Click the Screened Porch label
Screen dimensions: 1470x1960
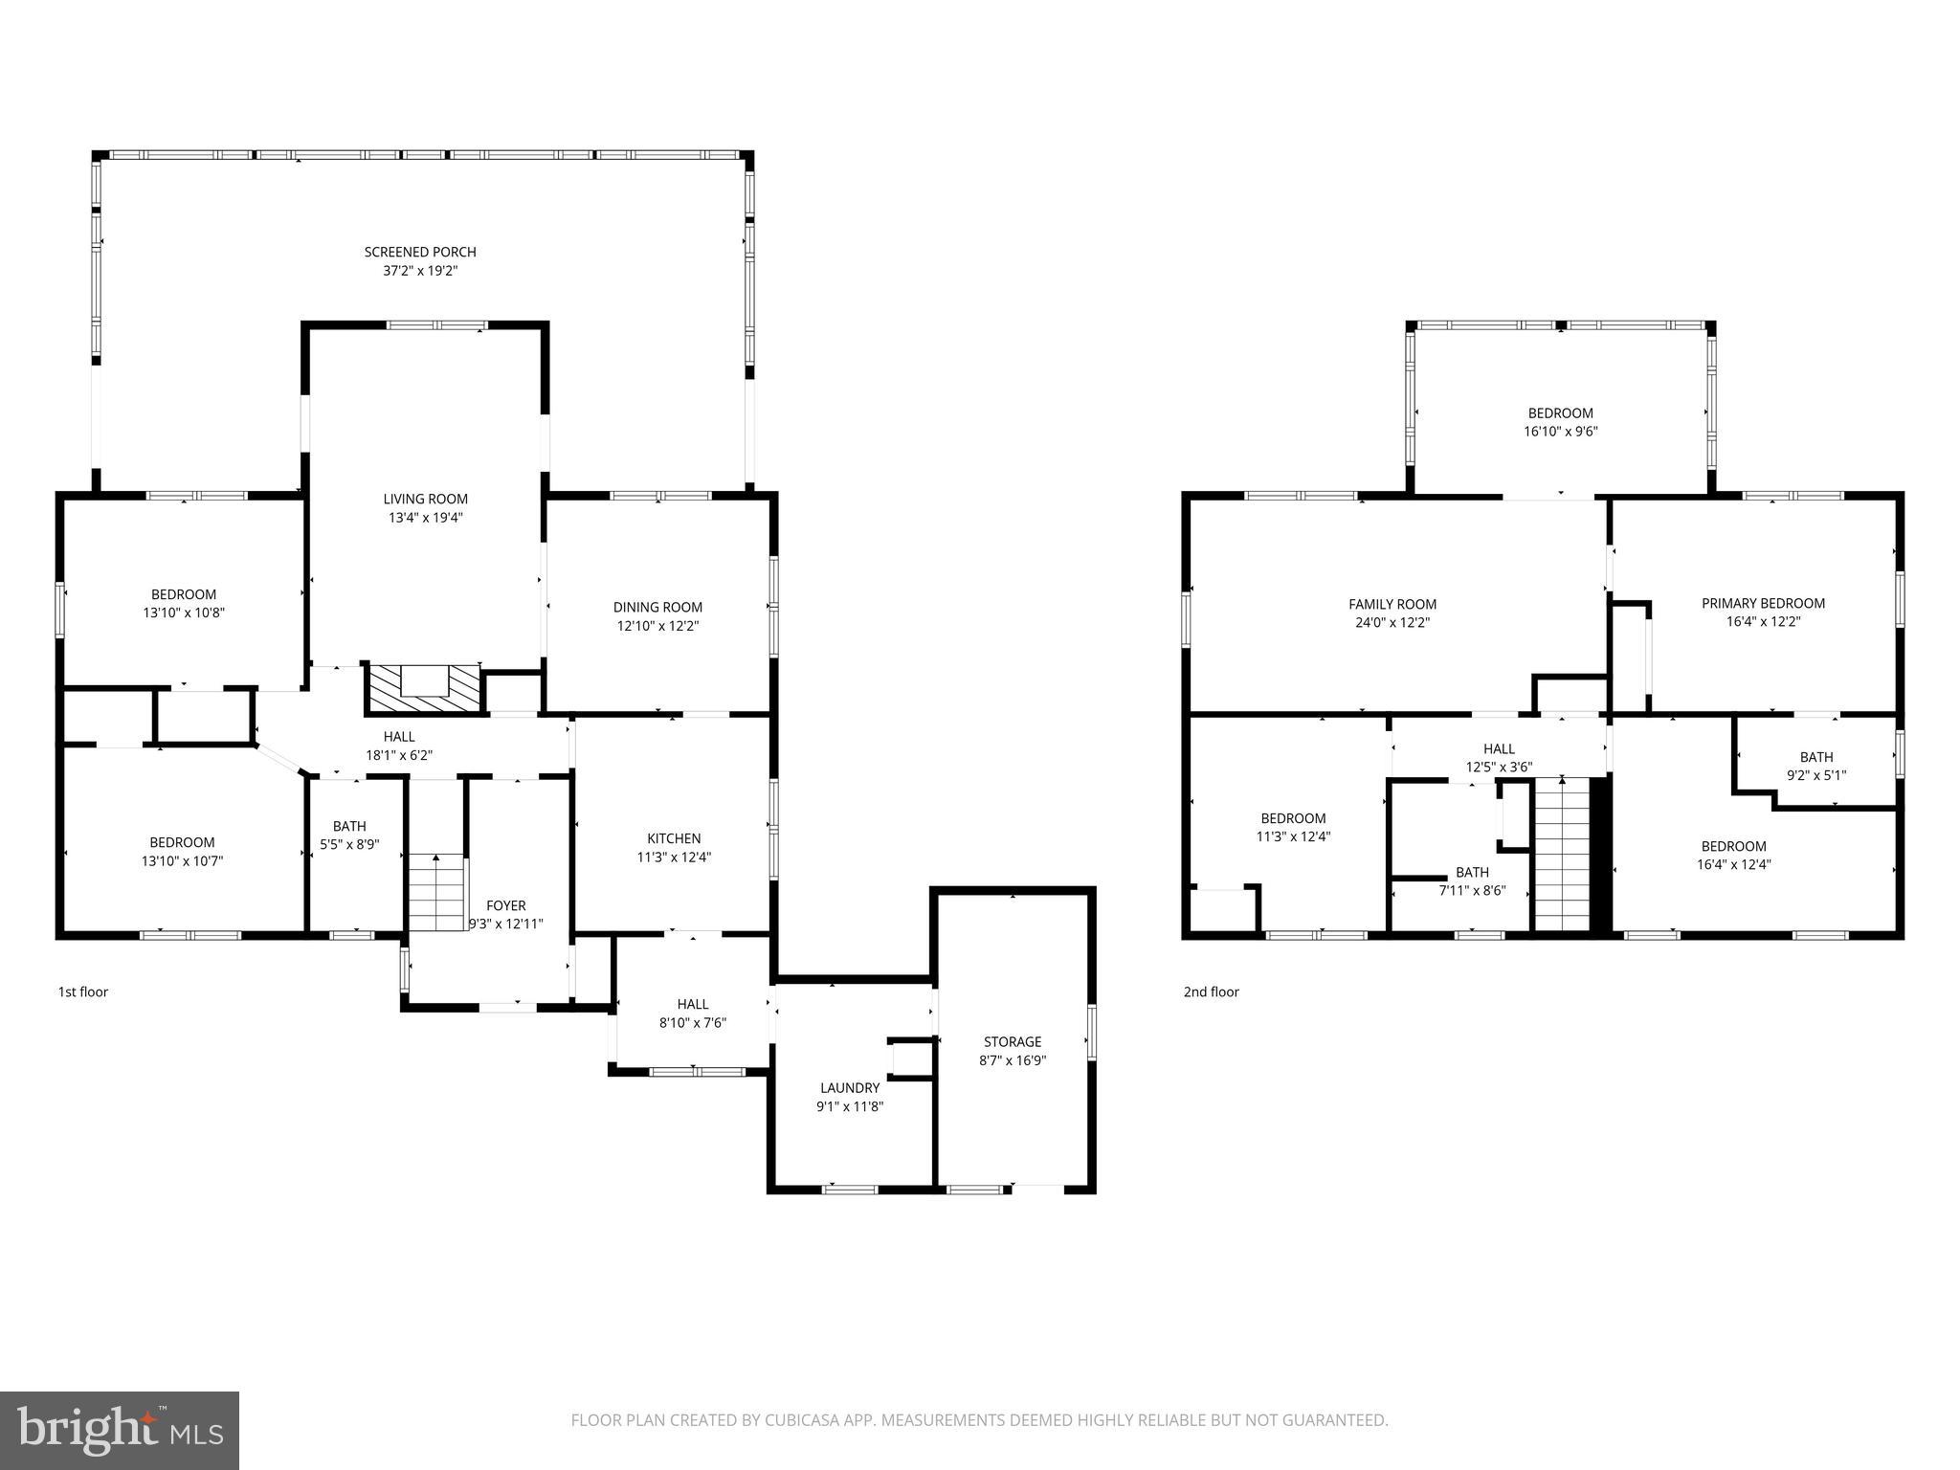point(419,252)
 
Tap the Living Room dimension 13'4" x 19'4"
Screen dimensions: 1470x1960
point(425,518)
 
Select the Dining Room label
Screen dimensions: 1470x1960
point(657,607)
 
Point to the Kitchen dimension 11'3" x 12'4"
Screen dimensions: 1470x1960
point(674,857)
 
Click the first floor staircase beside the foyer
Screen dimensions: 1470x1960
point(436,894)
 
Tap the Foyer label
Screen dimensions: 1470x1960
point(505,905)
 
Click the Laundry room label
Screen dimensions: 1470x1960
point(849,1088)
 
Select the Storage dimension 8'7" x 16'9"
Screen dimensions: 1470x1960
point(1013,1060)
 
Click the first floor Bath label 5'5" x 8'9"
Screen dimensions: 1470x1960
point(349,827)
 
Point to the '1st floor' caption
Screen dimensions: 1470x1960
point(83,991)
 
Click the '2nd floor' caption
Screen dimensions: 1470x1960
point(1211,991)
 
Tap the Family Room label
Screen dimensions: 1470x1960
point(1392,604)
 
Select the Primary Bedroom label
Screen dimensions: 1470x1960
point(1762,603)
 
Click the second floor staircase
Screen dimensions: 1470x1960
point(1562,855)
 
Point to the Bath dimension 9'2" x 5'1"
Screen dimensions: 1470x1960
point(1815,775)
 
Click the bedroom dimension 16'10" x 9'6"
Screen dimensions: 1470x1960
point(1560,432)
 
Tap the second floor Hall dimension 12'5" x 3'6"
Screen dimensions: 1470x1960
point(1499,767)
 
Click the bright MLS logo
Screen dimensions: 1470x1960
point(120,1430)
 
